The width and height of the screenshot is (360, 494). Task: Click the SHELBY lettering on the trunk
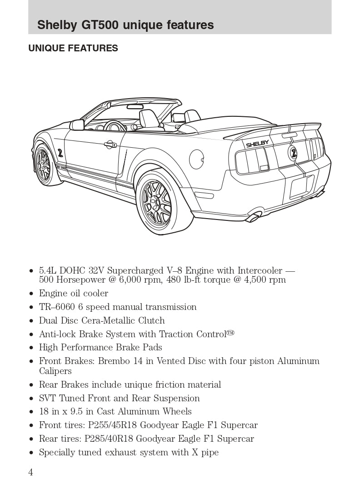[257, 144]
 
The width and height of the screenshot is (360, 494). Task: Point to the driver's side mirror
[77, 125]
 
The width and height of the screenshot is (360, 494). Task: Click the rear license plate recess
[300, 186]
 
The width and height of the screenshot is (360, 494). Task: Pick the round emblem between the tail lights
[293, 152]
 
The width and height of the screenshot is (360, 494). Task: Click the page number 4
[30, 472]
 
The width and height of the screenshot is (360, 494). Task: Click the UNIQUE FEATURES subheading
[73, 48]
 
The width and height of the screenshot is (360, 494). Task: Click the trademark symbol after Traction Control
[230, 333]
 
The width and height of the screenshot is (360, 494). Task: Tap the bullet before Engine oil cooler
[31, 294]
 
